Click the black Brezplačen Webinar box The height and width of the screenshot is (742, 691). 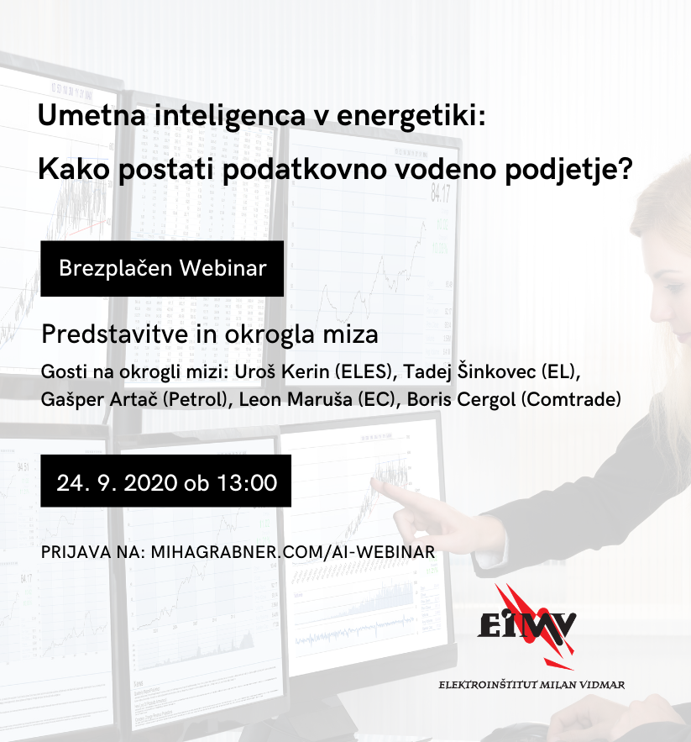point(162,268)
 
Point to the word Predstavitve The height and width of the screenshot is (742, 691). point(115,334)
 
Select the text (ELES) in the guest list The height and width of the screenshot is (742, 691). point(364,372)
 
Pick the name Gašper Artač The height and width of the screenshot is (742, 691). point(99,399)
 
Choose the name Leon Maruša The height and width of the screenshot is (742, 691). point(296,399)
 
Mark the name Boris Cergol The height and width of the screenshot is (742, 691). point(461,399)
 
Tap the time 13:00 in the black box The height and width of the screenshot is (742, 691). point(247,483)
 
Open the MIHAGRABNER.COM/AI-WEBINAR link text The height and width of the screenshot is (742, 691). point(293,552)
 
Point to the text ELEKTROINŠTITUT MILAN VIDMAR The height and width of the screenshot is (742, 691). point(531,685)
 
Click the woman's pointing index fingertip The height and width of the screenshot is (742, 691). point(373,482)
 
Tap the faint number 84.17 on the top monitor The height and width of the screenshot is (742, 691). point(440,194)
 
